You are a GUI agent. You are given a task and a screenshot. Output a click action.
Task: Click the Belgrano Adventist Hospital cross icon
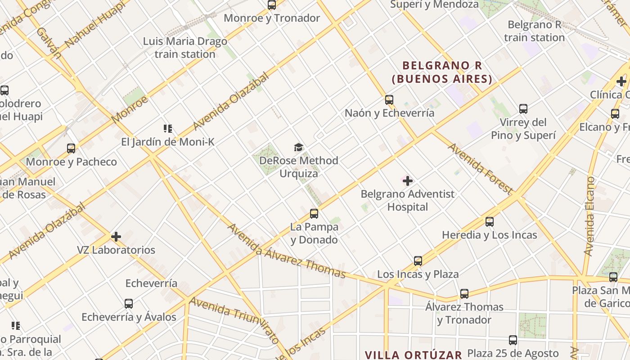pos(408,181)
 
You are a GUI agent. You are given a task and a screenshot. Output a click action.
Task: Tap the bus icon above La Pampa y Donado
pos(314,214)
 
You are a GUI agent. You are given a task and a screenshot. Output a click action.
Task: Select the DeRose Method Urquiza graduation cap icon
pos(298,148)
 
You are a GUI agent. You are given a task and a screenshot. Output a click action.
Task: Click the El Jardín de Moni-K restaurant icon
pos(168,129)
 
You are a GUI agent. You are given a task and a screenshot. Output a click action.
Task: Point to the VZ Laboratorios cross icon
pos(116,237)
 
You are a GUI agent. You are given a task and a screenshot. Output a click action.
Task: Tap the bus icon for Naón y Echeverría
pos(389,100)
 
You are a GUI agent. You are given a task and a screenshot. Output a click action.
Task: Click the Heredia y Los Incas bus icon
pos(490,222)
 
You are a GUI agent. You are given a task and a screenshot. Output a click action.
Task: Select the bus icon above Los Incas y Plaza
pos(418,261)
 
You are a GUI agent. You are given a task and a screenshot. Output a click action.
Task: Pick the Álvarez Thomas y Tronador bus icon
pos(464,294)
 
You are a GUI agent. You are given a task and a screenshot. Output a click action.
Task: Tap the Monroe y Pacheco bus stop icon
pos(71,148)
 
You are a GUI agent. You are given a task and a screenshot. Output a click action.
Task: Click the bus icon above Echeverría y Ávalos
pos(129,304)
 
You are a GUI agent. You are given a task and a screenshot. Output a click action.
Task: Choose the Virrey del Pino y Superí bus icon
pos(523,109)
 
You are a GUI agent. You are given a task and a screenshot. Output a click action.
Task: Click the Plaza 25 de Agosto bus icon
pos(513,340)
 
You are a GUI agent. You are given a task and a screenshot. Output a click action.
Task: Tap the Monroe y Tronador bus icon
pos(272,5)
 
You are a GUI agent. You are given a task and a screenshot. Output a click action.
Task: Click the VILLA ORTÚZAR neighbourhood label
pos(414,355)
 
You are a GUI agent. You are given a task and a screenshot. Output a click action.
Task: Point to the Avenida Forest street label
pos(480,169)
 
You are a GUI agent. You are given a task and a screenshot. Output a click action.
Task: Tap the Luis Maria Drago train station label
pos(185,48)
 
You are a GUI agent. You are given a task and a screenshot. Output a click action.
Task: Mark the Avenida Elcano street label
pos(590,216)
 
